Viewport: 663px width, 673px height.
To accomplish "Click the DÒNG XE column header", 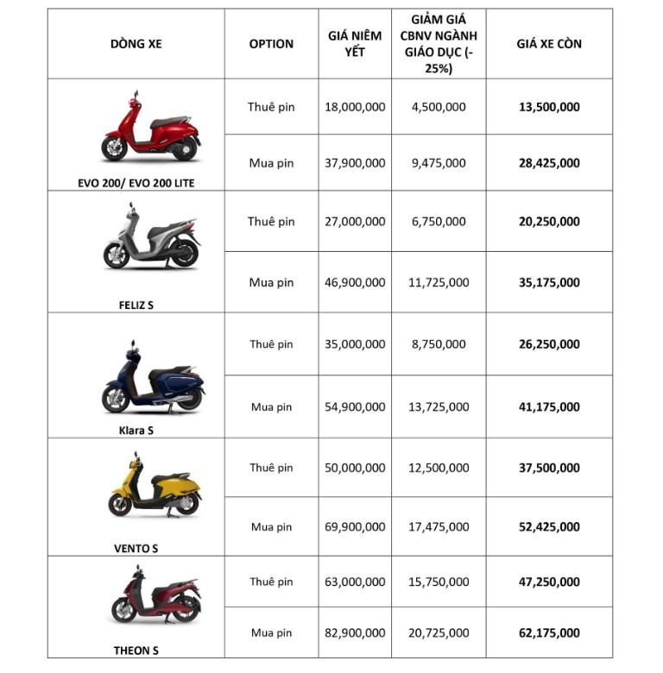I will [136, 44].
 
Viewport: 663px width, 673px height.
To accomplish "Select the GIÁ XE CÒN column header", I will [549, 44].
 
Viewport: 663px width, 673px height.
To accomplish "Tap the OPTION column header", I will [271, 44].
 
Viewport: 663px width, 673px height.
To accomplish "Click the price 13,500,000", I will [549, 107].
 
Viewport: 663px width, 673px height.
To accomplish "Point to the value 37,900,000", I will [355, 163].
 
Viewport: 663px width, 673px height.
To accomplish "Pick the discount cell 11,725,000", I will [439, 282].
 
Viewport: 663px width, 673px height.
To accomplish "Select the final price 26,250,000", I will [549, 344].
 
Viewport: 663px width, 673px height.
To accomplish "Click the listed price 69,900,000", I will [355, 527].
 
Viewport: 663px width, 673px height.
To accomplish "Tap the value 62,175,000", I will [549, 633].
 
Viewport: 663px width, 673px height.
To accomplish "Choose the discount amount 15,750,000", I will [439, 582].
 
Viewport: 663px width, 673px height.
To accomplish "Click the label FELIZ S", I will [136, 305].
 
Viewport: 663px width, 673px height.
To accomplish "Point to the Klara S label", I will [136, 431].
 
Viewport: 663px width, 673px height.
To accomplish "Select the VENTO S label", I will [136, 548].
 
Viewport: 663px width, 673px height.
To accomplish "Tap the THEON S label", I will [136, 651].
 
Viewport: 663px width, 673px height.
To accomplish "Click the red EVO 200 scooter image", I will [150, 129].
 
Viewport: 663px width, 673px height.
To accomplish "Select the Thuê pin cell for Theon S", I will [271, 582].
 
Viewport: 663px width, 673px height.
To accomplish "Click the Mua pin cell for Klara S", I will [271, 407].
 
